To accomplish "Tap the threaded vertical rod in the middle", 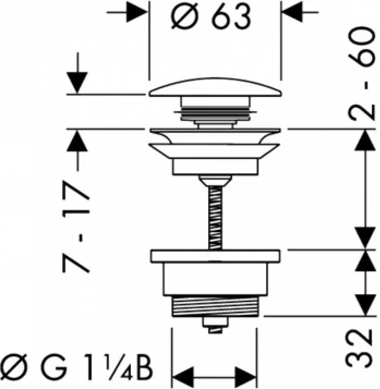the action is coord(215,217).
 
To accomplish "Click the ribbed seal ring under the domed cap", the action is coord(215,113).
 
